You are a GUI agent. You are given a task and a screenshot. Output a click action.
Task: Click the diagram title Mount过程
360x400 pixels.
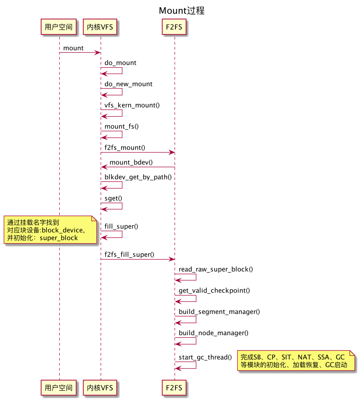(182, 10)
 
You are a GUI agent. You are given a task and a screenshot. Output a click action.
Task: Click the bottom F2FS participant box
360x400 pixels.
(175, 387)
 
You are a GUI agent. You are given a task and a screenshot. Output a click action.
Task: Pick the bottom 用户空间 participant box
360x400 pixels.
(59, 387)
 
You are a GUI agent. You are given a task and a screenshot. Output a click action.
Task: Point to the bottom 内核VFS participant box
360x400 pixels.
(100, 387)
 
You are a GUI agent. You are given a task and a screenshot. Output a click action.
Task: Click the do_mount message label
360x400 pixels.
(120, 63)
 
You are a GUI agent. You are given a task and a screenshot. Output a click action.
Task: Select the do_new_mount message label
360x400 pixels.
(128, 84)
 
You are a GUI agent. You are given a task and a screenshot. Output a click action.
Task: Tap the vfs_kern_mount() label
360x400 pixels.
(132, 105)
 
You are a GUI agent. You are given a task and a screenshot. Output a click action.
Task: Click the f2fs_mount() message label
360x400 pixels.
(125, 148)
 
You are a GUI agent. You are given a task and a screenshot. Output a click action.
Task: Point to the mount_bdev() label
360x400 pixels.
(131, 162)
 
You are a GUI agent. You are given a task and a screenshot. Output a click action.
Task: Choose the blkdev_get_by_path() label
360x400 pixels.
(138, 176)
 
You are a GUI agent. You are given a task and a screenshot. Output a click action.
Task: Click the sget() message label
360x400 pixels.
(114, 198)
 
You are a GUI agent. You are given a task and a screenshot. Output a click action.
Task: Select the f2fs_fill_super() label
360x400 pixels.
(129, 254)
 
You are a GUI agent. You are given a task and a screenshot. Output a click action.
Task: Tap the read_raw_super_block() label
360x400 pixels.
(215, 269)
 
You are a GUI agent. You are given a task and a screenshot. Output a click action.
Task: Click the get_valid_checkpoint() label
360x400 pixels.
(214, 290)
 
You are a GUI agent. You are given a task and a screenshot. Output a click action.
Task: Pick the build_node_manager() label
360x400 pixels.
(213, 333)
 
